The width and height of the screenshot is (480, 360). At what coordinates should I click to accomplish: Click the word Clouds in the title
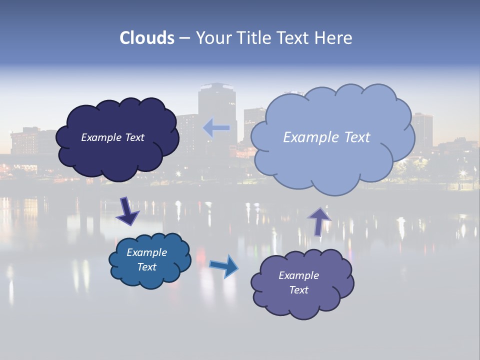coord(146,38)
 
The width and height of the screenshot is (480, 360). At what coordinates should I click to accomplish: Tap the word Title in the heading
coord(251,38)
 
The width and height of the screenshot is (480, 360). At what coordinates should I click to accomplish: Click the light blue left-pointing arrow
coord(216,128)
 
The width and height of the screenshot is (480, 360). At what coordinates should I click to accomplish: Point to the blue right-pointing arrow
coord(224,266)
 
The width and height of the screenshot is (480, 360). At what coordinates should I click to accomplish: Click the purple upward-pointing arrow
coord(319,220)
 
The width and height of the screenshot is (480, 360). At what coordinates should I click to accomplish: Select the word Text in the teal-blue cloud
coord(147,267)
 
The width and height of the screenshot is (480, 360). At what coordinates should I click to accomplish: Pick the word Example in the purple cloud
coord(298,275)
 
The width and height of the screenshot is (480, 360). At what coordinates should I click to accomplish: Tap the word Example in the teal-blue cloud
coord(147,252)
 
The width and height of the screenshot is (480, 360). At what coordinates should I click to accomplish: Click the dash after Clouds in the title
coord(184,38)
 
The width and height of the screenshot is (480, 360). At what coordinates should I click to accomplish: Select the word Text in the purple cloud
coord(298,290)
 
